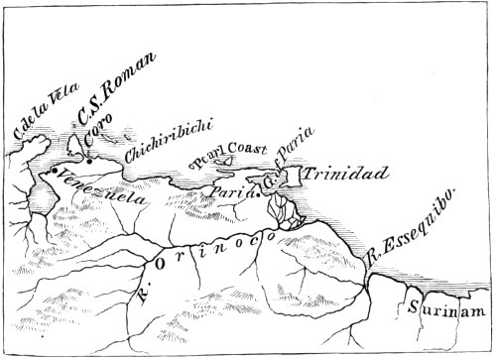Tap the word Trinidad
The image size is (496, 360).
point(344,175)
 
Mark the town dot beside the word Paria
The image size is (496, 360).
point(261,195)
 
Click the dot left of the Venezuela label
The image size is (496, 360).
point(50,174)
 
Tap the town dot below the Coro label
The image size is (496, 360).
point(88,162)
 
